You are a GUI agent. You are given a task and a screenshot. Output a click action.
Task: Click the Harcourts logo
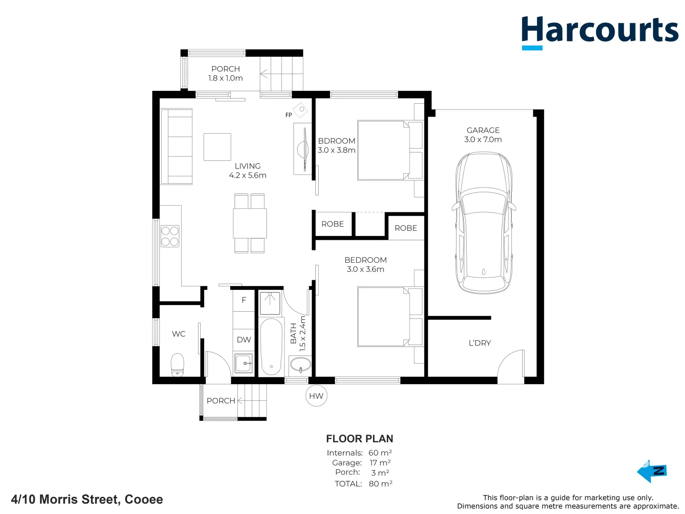point(599,31)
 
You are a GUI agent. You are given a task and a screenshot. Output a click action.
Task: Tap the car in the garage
point(483,223)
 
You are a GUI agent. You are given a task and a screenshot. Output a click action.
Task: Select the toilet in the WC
point(177,365)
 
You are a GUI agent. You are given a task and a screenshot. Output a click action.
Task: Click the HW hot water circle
point(316,396)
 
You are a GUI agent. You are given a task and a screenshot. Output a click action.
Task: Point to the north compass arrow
point(652,471)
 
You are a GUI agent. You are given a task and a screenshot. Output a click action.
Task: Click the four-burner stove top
point(170,236)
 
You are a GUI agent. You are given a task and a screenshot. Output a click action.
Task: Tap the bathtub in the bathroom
point(271,346)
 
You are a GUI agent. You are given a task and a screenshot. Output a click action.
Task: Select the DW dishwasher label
point(244,340)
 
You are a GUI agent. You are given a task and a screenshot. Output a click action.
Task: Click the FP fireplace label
point(288,115)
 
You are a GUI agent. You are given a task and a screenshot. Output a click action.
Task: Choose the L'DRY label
point(479,343)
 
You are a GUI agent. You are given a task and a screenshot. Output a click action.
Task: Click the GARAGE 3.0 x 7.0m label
point(483,135)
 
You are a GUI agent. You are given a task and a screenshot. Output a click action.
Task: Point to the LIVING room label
point(247,170)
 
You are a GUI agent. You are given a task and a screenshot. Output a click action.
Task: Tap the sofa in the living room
point(176,147)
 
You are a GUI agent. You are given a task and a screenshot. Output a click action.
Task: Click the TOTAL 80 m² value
point(380,484)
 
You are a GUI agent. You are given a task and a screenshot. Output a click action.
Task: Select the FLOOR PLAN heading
point(360,439)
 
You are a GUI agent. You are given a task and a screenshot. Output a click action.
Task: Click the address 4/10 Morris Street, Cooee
point(87,499)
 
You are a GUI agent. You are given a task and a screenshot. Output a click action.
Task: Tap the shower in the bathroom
point(270,304)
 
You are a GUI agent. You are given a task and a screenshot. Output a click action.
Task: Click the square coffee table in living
point(217,147)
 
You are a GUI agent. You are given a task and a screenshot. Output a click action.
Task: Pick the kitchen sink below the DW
point(244,364)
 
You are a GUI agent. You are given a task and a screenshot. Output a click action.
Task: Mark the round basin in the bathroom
point(300,366)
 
